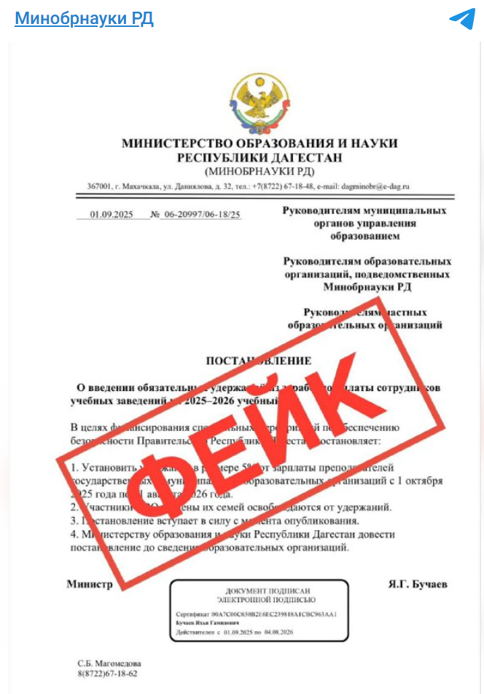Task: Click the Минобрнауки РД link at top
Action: click(84, 18)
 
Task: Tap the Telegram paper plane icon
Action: click(461, 19)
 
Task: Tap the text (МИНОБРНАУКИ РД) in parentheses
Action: click(259, 171)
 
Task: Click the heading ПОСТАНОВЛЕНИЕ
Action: click(259, 360)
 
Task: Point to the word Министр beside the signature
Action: click(90, 585)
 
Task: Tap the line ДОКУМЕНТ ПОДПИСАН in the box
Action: click(259, 591)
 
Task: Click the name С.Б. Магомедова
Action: click(110, 664)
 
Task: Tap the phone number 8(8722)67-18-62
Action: click(108, 674)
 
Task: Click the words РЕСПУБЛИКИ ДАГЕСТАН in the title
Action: click(259, 157)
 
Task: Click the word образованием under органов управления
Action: click(364, 236)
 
